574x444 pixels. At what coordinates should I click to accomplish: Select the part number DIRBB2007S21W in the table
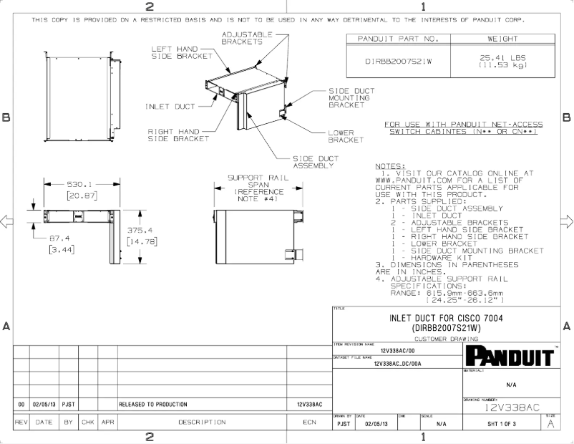pyautogui.click(x=399, y=62)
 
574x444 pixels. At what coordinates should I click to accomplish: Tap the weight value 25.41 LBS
pyautogui.click(x=502, y=57)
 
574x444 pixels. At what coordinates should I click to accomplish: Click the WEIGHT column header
pyautogui.click(x=502, y=39)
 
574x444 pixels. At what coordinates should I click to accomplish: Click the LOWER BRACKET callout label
pyautogui.click(x=346, y=136)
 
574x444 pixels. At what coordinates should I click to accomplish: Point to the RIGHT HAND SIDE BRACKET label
pyautogui.click(x=178, y=135)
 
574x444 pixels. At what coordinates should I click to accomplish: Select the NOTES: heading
pyautogui.click(x=390, y=166)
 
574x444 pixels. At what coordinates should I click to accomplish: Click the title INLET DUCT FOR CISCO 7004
pyautogui.click(x=445, y=318)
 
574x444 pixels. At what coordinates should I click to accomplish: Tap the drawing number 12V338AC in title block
pyautogui.click(x=511, y=407)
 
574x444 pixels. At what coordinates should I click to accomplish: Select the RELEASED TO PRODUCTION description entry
pyautogui.click(x=153, y=405)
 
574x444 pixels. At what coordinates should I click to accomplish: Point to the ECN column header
pyautogui.click(x=309, y=423)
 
